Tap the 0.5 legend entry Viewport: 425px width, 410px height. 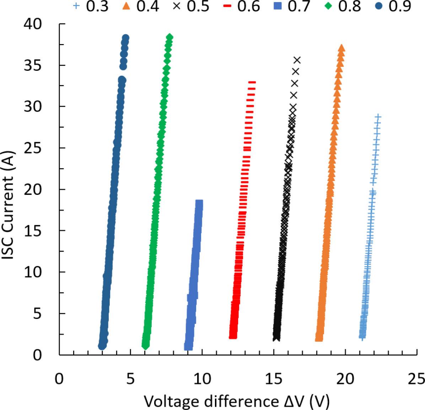[193, 6]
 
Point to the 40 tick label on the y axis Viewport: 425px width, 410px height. [33, 24]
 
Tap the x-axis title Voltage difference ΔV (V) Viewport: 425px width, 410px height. [237, 401]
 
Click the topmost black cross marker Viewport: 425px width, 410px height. [297, 60]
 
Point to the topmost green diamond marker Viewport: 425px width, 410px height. [170, 37]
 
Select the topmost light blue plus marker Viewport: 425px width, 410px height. [378, 117]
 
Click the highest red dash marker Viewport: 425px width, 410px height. [252, 82]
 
